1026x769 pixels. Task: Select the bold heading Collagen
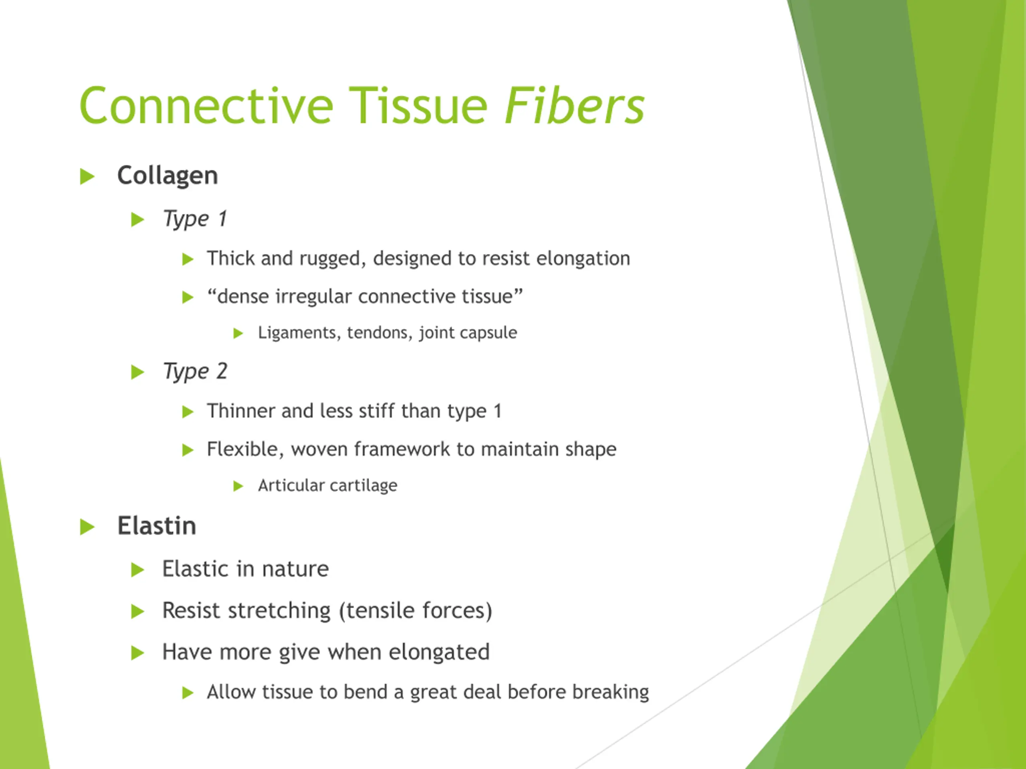coord(168,176)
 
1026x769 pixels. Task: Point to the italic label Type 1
coord(195,219)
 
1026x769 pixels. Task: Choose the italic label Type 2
coord(195,372)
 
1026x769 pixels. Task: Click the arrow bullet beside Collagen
coord(87,177)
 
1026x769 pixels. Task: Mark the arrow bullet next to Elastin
coord(87,527)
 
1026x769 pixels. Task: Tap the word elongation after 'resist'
coord(583,259)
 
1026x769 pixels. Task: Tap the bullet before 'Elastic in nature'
coord(138,570)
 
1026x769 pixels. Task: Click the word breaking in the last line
coord(610,692)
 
